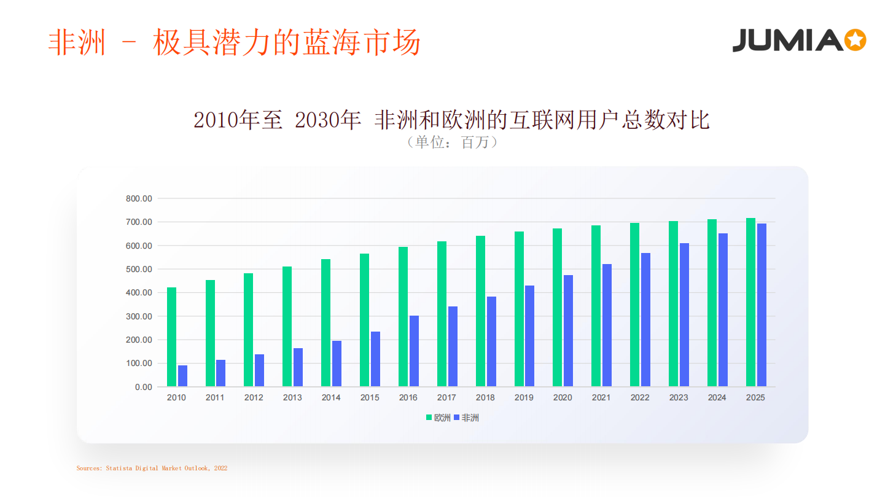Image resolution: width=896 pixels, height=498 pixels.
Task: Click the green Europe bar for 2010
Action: tap(171, 337)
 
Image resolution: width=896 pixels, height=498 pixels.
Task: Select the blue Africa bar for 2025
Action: tap(762, 305)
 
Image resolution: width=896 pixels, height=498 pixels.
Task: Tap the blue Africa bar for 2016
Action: tap(414, 351)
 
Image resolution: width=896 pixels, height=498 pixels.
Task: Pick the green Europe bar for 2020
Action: tap(557, 308)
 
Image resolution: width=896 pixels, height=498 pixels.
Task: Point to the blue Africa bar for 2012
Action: tap(259, 370)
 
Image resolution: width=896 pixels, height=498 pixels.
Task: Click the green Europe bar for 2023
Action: tap(673, 303)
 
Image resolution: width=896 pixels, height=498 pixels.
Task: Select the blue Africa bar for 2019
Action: tap(529, 336)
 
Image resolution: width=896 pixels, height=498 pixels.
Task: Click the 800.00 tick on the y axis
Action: tap(139, 198)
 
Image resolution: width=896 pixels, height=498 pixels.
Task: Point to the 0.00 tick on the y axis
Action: tap(144, 387)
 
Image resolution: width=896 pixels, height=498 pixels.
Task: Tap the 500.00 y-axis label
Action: tap(139, 269)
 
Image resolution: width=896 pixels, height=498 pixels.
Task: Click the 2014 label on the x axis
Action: tap(331, 397)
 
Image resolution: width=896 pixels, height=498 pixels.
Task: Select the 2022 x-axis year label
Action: tap(639, 397)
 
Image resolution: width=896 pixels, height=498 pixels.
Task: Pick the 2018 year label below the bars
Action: tap(485, 397)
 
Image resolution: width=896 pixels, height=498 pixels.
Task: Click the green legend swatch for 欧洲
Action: tap(429, 418)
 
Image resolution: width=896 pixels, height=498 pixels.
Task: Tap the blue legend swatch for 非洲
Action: tap(456, 418)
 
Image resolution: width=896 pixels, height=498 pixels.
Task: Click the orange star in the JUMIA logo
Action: tap(855, 40)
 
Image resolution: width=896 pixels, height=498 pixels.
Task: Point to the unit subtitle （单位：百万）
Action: tap(452, 142)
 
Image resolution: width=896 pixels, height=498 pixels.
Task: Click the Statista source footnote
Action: tap(152, 468)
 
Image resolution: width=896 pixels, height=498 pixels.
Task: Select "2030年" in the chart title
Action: tap(327, 120)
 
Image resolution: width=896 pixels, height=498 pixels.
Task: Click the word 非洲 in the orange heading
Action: tap(77, 42)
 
